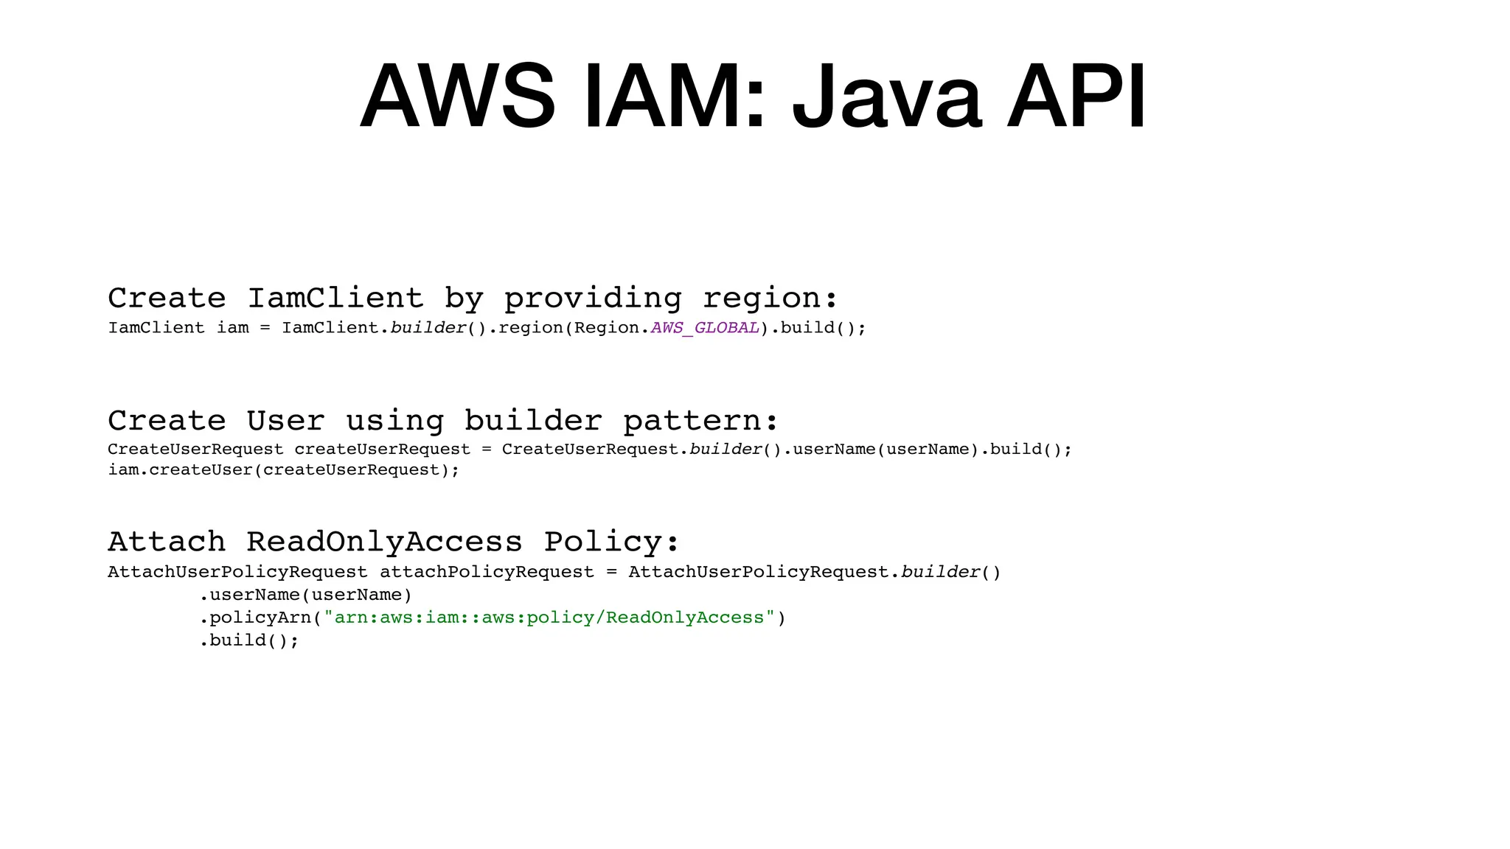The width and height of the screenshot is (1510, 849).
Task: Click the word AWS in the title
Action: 457,97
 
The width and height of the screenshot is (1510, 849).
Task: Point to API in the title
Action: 1076,97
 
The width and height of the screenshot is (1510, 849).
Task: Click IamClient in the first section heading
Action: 335,298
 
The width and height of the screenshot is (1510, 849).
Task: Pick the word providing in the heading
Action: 593,298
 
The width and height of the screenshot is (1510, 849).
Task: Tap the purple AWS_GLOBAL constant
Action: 705,328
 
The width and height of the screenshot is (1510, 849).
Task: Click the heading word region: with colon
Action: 770,298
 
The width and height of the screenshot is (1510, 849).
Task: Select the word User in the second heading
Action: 285,421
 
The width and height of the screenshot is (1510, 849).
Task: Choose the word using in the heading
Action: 394,421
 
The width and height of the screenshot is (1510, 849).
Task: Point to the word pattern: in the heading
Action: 700,421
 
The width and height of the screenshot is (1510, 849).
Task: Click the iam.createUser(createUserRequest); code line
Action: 284,470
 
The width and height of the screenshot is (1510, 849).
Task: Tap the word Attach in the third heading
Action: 167,542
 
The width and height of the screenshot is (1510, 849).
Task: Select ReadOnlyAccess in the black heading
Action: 384,542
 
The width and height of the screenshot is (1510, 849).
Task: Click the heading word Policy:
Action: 611,542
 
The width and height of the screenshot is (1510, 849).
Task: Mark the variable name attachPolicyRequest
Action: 487,572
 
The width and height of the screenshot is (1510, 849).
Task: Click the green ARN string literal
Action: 549,618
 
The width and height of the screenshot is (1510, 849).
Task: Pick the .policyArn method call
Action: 256,618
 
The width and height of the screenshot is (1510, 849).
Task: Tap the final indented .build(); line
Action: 249,640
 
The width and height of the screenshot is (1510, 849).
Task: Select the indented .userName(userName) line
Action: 305,595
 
